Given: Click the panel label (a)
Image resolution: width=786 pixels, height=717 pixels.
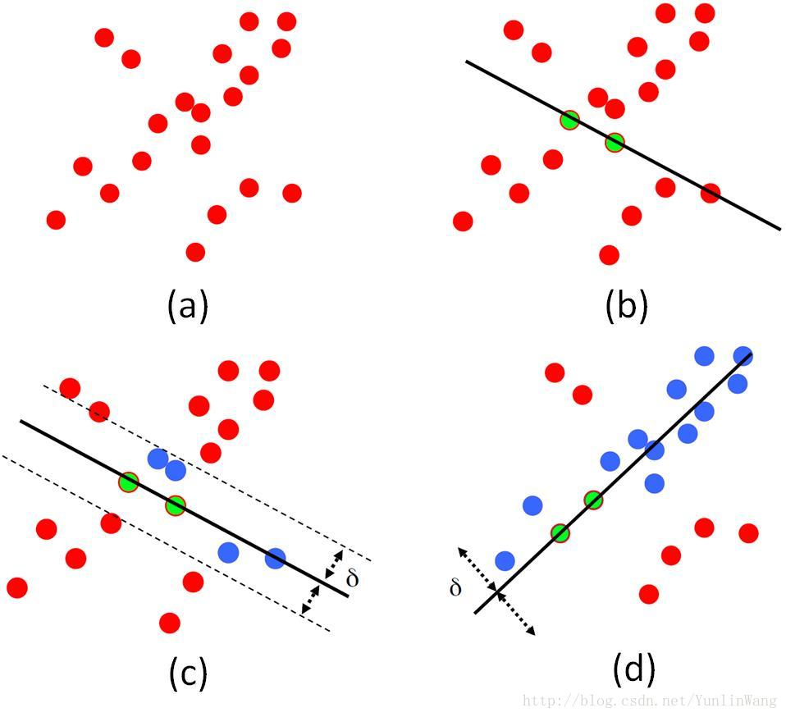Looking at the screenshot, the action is pyautogui.click(x=188, y=305).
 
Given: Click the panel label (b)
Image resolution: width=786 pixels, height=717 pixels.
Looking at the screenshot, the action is pyautogui.click(x=627, y=305).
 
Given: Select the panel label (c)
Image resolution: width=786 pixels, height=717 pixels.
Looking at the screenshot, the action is pyautogui.click(x=188, y=673).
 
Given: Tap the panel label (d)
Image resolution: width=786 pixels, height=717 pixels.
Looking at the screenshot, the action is pyautogui.click(x=633, y=670).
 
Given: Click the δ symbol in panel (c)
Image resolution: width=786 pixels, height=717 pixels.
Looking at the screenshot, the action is pyautogui.click(x=353, y=578).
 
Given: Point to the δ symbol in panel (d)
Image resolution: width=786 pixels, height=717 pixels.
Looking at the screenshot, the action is pyautogui.click(x=455, y=587).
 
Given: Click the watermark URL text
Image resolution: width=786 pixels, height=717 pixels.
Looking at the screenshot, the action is pyautogui.click(x=650, y=700).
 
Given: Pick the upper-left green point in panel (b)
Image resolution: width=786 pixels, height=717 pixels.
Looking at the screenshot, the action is pyautogui.click(x=569, y=121).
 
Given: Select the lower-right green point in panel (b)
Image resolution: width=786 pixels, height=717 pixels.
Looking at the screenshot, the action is pyautogui.click(x=615, y=142).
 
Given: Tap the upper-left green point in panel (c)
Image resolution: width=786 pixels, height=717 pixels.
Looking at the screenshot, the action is pyautogui.click(x=129, y=482).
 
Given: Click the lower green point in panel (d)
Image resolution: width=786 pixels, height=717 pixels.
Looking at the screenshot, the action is pyautogui.click(x=560, y=533).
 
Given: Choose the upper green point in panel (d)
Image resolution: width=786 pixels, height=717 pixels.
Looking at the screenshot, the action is pyautogui.click(x=593, y=500).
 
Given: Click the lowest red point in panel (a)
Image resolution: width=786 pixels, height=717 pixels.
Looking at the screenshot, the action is pyautogui.click(x=195, y=252).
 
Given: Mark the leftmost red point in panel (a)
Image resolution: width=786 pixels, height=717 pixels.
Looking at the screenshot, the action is pyautogui.click(x=56, y=220).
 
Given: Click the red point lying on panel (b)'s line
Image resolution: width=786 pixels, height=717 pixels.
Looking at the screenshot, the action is pyautogui.click(x=711, y=193).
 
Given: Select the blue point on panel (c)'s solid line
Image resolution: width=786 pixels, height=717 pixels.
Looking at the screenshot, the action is pyautogui.click(x=275, y=558).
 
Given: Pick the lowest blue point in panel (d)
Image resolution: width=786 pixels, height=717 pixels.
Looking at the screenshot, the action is pyautogui.click(x=505, y=560).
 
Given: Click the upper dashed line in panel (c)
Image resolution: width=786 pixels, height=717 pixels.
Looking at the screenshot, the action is pyautogui.click(x=207, y=473).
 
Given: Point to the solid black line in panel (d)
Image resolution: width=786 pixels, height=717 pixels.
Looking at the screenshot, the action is pyautogui.click(x=613, y=483).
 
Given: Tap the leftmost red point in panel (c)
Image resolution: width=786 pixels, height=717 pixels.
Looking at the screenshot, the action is pyautogui.click(x=17, y=587).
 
